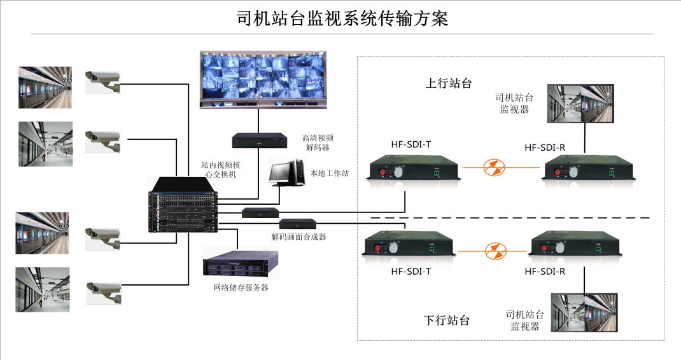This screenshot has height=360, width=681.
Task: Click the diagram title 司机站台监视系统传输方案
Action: [342, 18]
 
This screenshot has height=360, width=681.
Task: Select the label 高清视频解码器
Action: [318, 142]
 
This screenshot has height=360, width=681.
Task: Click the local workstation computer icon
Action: [286, 171]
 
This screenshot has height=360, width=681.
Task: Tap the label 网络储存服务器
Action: [241, 287]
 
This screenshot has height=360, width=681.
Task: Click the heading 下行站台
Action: [447, 320]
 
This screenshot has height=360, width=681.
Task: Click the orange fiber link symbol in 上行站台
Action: [493, 168]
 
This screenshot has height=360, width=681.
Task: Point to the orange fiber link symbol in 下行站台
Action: [493, 250]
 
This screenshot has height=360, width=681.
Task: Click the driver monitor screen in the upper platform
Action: [581, 103]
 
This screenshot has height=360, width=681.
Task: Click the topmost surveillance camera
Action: [103, 80]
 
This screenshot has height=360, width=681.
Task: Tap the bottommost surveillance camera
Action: [104, 291]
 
